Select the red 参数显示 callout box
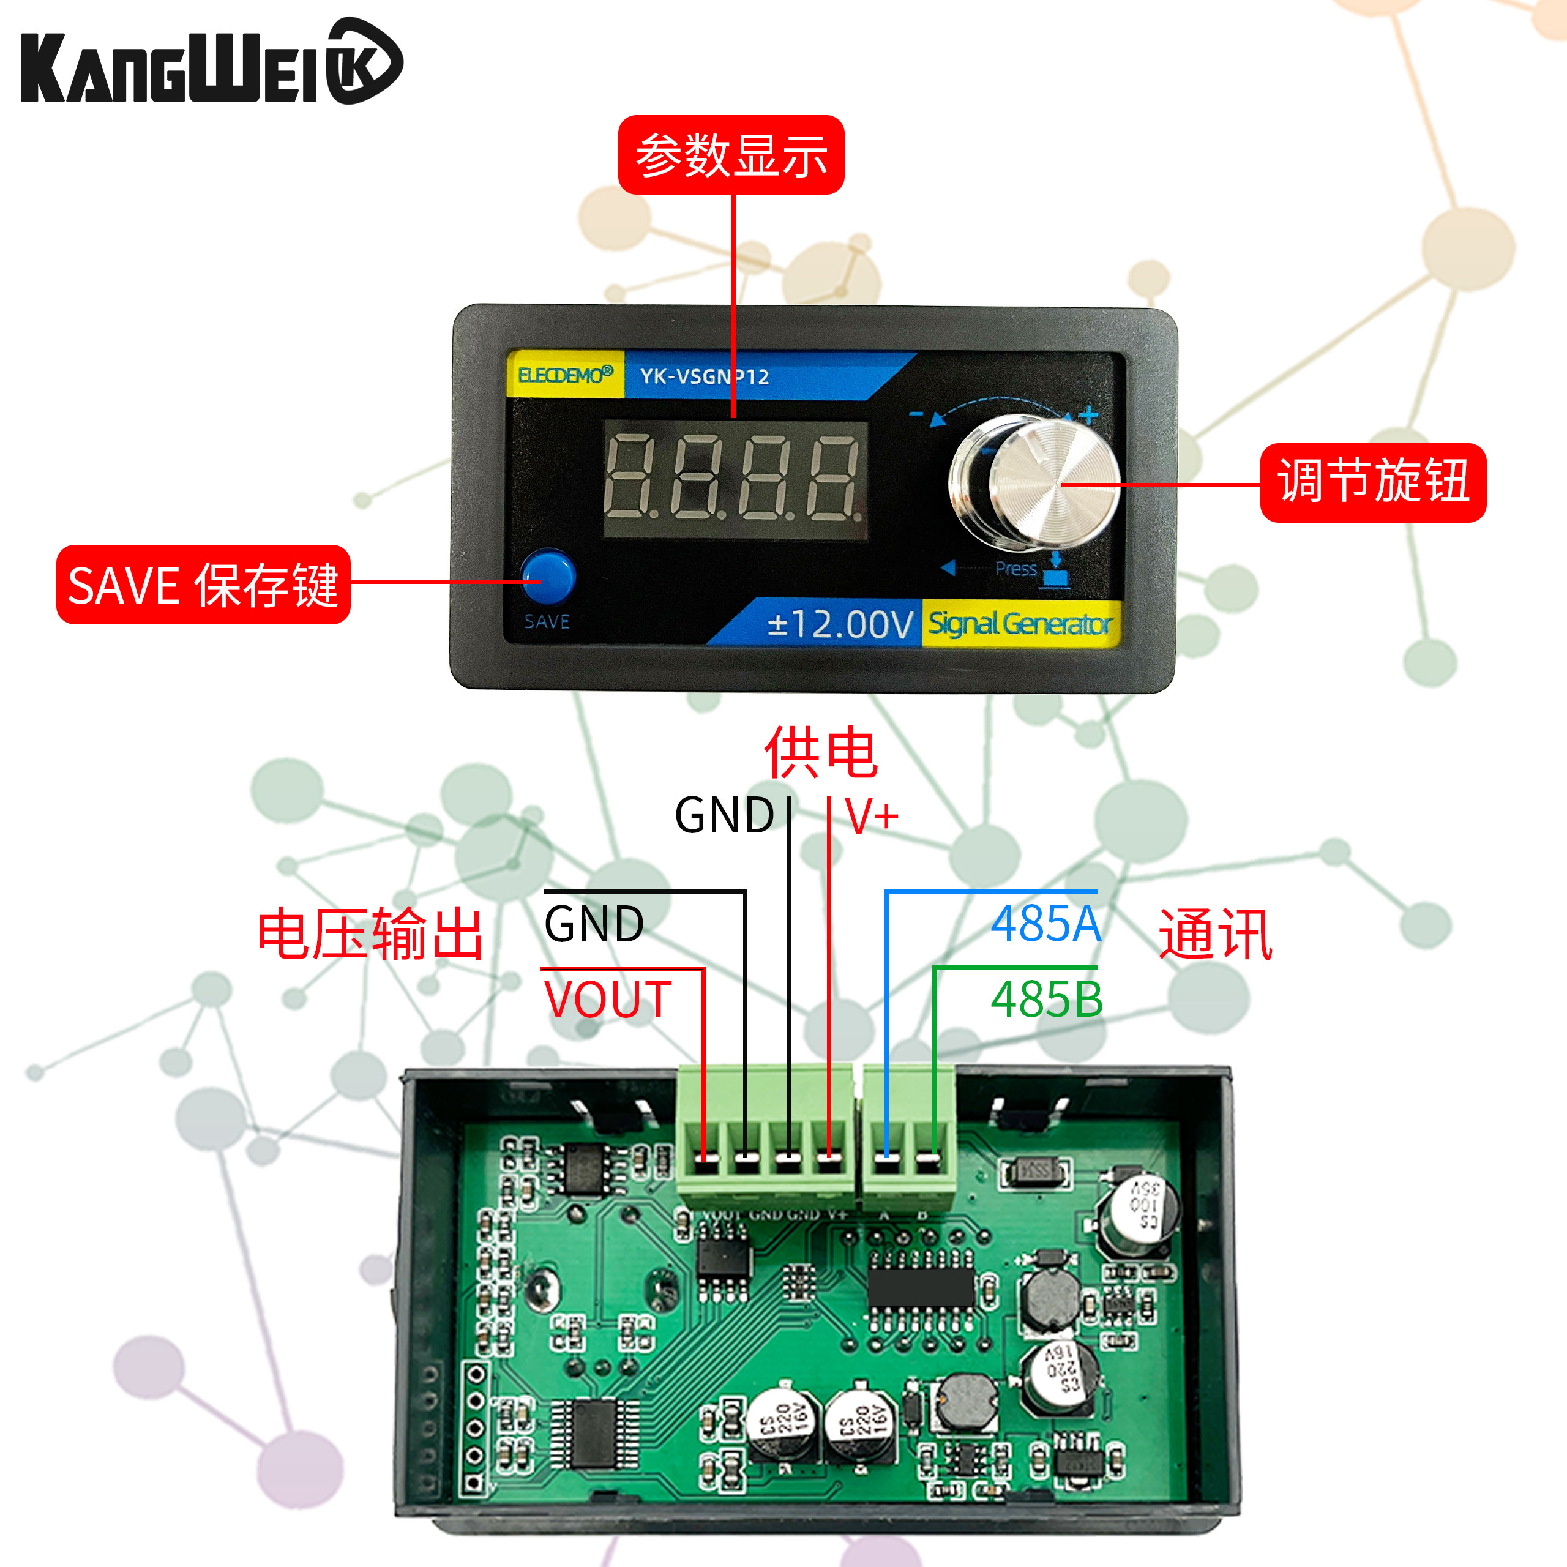[x=731, y=155]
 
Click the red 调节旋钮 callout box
[x=1372, y=482]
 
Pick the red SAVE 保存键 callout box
[x=203, y=585]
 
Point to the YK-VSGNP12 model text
[x=704, y=376]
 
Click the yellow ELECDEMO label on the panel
[x=564, y=375]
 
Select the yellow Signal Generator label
[x=1020, y=624]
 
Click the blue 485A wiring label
[x=1045, y=924]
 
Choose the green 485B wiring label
[x=1046, y=999]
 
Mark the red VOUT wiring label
[x=607, y=999]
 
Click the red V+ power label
[x=872, y=815]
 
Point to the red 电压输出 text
[x=371, y=934]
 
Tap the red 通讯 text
[x=1215, y=934]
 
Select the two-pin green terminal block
[x=908, y=1135]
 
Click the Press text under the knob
[x=1015, y=569]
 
